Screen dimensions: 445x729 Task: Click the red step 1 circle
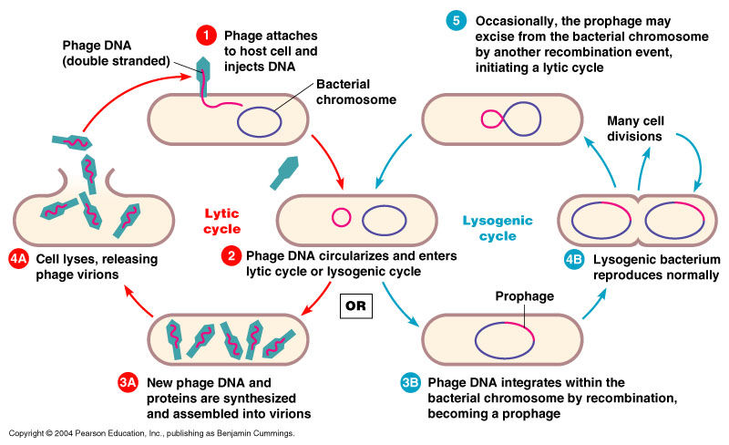[x=207, y=36]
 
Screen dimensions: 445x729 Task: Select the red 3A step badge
[x=129, y=383]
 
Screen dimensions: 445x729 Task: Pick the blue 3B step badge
[x=413, y=383]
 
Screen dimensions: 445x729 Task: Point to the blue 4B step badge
[x=574, y=259]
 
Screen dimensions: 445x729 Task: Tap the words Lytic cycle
[x=222, y=220]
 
